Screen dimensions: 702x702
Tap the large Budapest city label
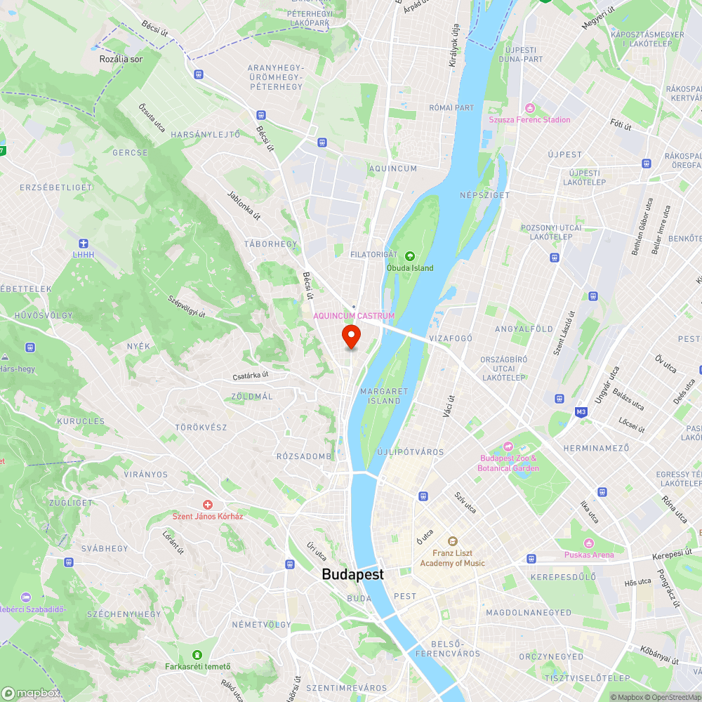pos(352,574)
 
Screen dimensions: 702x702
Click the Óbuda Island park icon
pos(410,256)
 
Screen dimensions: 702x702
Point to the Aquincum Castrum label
pos(354,316)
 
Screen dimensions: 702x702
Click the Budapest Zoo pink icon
pos(508,446)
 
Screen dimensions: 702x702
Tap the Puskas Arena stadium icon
pos(588,543)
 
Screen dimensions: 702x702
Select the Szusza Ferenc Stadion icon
pos(529,107)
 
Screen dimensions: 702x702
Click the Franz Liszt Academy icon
pos(452,541)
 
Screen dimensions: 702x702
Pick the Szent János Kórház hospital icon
pos(208,505)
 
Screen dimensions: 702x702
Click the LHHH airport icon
pos(84,243)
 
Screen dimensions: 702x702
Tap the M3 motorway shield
pos(581,411)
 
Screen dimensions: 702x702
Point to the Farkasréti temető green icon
pos(197,654)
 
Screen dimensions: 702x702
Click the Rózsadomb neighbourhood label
pos(303,456)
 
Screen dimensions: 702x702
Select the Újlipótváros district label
pos(411,452)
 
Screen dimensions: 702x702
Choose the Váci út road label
pos(447,405)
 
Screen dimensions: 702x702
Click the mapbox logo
pos(31,693)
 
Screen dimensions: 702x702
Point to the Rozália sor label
pos(121,59)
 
